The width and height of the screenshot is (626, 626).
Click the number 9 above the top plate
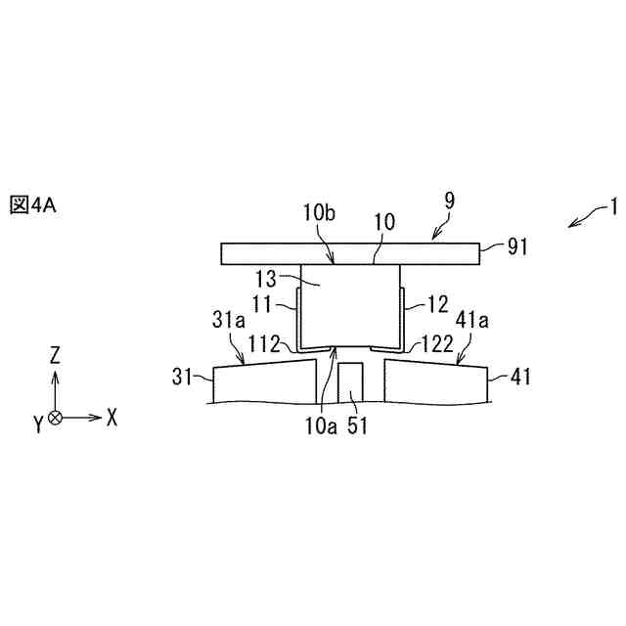[449, 201]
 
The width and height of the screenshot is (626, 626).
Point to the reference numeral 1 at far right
[613, 206]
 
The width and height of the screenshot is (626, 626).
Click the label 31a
[228, 320]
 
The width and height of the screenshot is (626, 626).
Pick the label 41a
[472, 320]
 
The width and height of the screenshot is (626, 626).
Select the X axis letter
[112, 418]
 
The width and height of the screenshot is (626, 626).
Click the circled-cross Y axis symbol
[56, 418]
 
